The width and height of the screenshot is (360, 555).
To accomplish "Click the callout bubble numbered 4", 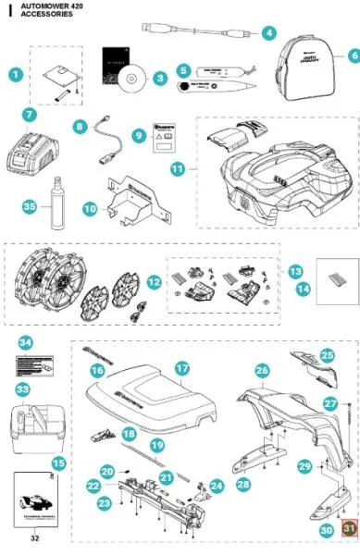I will [269, 32].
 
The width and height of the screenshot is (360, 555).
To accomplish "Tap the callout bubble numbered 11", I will [178, 169].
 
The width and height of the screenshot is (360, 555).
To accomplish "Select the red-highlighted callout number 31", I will [349, 528].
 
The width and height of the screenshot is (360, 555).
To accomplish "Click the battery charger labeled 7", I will [36, 152].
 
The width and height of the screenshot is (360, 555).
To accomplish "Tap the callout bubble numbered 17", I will [183, 368].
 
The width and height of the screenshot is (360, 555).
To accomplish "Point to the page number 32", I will [36, 537].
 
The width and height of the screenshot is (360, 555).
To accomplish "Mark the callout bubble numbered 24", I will [217, 485].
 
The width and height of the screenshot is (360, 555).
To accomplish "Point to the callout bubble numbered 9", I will [140, 135].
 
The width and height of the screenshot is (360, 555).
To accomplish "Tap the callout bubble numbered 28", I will [243, 484].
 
